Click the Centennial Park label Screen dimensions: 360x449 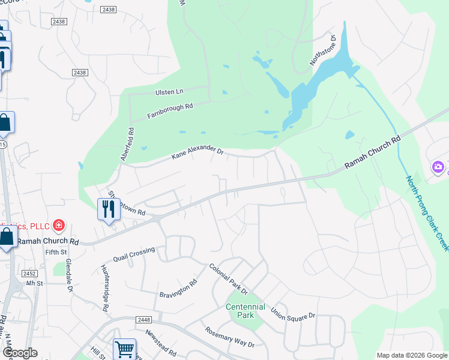pyautogui.click(x=246, y=310)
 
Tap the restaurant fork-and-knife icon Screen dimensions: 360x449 pyautogui.click(x=108, y=209)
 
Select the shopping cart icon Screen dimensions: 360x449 pyautogui.click(x=124, y=349)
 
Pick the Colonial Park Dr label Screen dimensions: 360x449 pyautogui.click(x=228, y=279)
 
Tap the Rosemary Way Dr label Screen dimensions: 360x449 pyautogui.click(x=230, y=337)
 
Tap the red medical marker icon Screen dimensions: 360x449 pyautogui.click(x=58, y=226)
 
